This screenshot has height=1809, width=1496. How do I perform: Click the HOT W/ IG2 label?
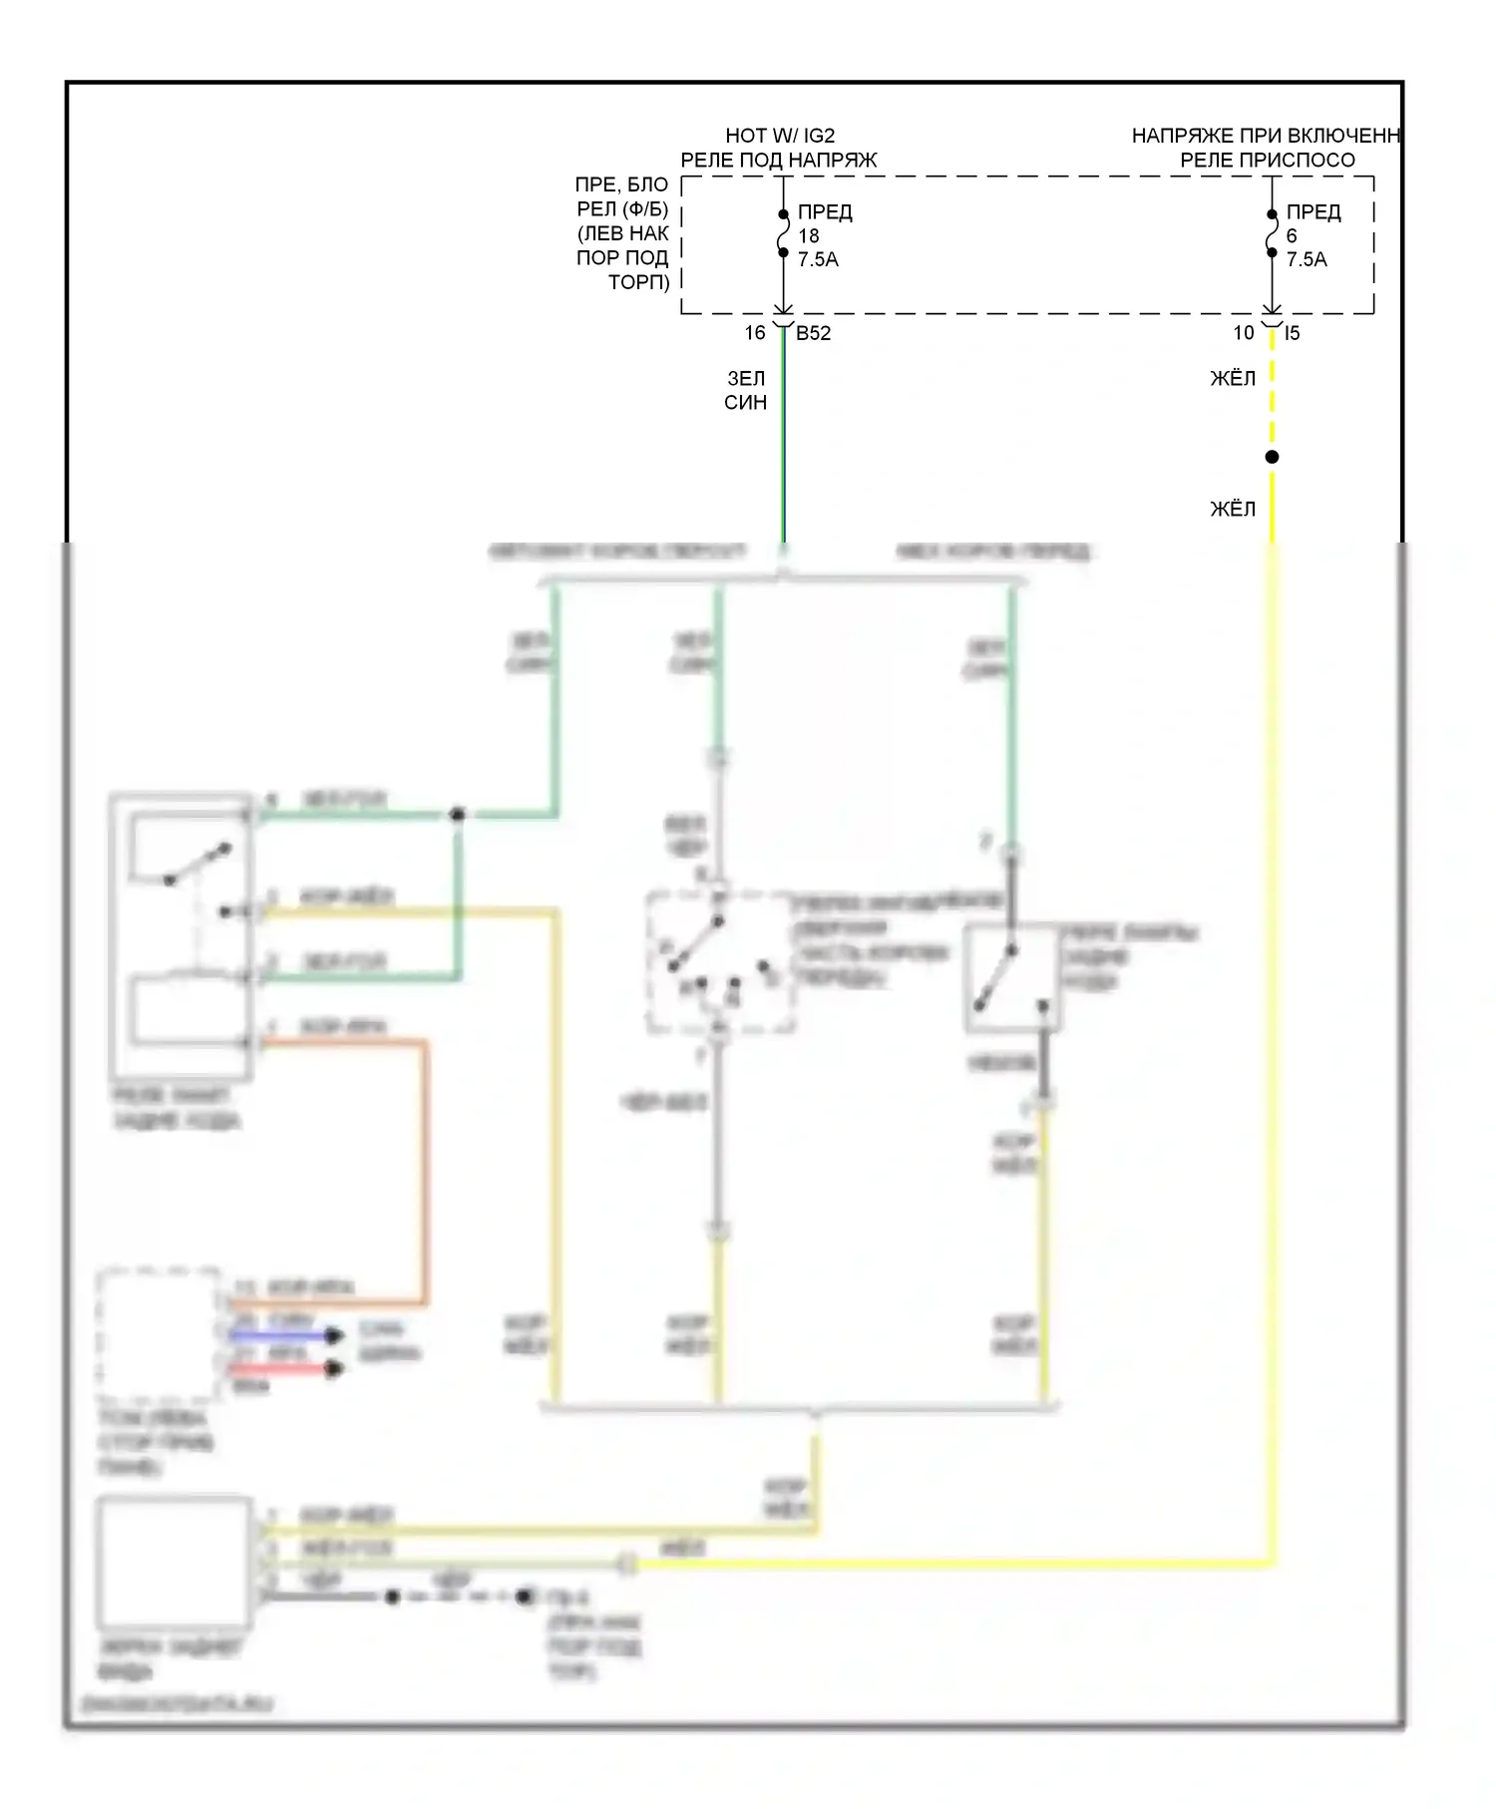[779, 136]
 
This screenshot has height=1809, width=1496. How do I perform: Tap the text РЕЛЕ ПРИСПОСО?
[1267, 160]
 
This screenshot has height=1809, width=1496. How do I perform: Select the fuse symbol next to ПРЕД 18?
[784, 233]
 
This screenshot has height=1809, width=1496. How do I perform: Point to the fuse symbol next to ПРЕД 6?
[1272, 233]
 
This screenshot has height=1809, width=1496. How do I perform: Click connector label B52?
[813, 333]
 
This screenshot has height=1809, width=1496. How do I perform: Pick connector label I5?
[1292, 333]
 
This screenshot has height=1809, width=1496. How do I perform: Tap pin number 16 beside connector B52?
[755, 332]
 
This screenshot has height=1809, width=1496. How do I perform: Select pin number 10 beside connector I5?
[1244, 332]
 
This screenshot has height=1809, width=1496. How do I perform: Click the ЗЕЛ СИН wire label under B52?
[746, 390]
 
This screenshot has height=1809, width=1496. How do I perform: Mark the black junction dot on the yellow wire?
[1272, 457]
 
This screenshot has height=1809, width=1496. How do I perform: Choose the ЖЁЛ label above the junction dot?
[1233, 378]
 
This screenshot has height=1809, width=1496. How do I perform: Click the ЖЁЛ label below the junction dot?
[1233, 509]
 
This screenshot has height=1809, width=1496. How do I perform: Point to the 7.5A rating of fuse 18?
[818, 259]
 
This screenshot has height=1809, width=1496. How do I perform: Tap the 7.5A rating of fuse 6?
[1307, 259]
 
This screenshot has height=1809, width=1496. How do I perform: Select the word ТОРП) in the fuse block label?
[638, 282]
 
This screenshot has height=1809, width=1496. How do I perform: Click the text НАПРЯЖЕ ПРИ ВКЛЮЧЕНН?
[1266, 136]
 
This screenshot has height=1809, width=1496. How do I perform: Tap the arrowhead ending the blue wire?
[335, 1335]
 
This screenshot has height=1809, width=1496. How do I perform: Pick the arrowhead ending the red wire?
[335, 1369]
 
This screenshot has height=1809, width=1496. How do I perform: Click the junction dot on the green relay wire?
[458, 815]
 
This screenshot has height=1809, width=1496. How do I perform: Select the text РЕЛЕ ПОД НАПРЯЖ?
[779, 160]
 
